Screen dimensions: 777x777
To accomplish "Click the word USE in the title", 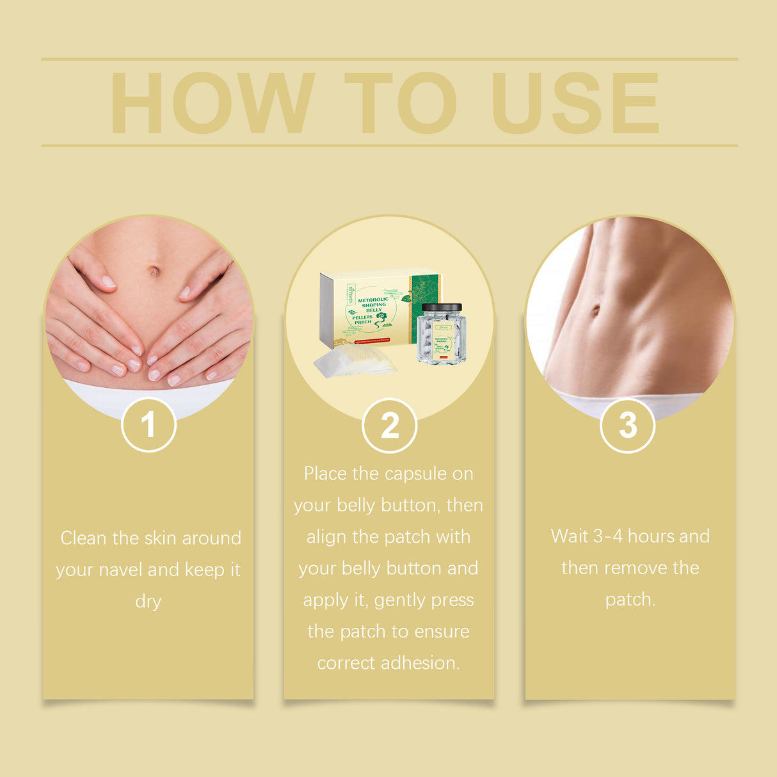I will click(x=575, y=103).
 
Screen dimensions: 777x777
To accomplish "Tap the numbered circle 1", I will click(x=148, y=425).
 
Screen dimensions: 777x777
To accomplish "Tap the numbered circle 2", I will click(x=389, y=426).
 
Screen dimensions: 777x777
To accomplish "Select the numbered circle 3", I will click(x=628, y=426).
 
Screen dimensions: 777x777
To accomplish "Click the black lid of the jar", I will click(x=442, y=308).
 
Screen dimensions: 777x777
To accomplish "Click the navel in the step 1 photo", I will click(x=154, y=271).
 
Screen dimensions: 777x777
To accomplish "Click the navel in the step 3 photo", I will click(x=596, y=310).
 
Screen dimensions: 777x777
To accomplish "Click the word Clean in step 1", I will click(x=84, y=538).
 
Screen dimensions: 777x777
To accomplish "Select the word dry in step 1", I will click(x=148, y=602).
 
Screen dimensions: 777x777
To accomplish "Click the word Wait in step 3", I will click(x=569, y=536).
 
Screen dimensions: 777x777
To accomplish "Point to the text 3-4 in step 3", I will click(x=608, y=536).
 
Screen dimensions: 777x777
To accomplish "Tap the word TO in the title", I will click(x=400, y=103).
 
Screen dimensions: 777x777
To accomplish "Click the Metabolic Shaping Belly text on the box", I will click(x=372, y=304).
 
